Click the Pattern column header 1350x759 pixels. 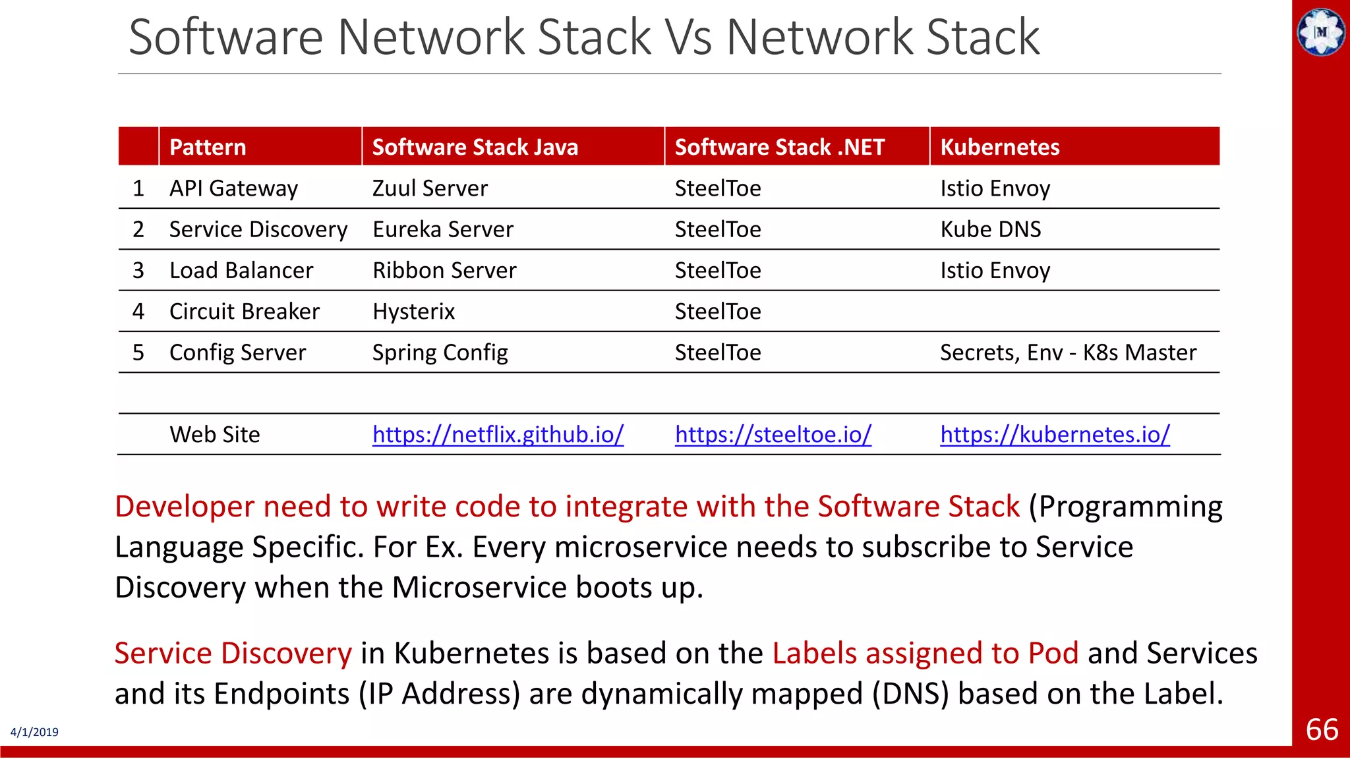208,147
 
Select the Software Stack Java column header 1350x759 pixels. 475,147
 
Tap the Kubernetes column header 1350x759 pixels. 999,147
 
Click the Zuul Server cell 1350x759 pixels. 430,188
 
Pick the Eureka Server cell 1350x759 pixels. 442,229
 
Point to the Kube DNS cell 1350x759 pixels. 990,229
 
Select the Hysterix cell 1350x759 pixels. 413,312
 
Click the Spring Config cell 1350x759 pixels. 440,352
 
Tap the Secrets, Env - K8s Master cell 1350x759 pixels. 1067,352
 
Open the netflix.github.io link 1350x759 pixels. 498,435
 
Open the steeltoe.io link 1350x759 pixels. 773,435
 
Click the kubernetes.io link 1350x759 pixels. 1055,435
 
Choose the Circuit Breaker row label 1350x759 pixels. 244,312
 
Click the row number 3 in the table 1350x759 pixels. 138,271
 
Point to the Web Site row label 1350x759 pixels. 214,435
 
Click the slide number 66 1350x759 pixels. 1322,730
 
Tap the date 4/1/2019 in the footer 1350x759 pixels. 34,732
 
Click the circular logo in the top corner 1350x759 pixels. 1321,32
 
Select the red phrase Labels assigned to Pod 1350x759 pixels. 925,653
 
